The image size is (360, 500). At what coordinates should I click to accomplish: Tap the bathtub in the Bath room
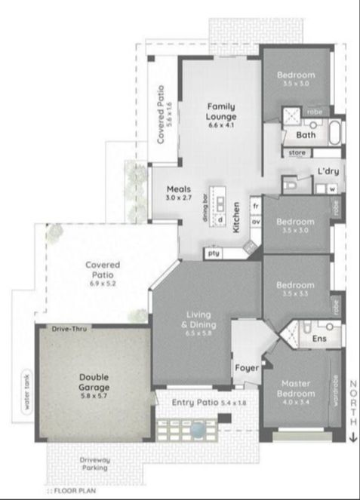[x=335, y=133]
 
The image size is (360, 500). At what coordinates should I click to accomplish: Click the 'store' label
[x=297, y=154]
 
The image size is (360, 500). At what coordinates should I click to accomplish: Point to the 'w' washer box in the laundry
[x=331, y=189]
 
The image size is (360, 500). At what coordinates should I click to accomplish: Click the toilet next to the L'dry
[x=291, y=183]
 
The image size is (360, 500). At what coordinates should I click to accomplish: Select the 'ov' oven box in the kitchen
[x=256, y=222]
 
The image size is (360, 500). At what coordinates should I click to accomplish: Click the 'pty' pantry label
[x=214, y=253]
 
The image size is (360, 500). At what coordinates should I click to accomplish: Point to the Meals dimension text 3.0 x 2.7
[x=180, y=198]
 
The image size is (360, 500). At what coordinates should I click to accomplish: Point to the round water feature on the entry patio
[x=197, y=429]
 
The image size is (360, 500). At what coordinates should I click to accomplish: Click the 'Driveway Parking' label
[x=95, y=462]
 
